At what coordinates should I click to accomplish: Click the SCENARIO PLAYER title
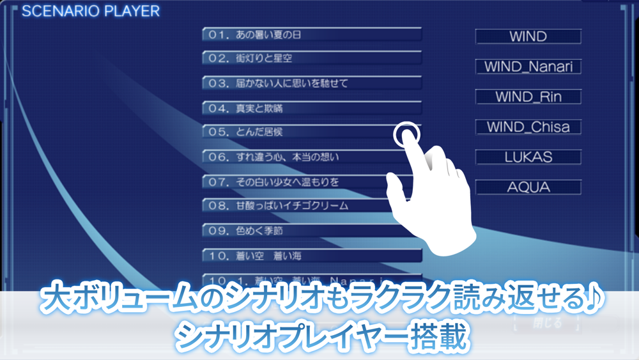[x=91, y=11]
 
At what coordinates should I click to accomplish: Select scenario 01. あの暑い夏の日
[x=311, y=35]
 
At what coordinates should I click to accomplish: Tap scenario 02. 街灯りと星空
[x=311, y=59]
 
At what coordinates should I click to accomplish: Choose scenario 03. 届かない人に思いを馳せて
[x=311, y=83]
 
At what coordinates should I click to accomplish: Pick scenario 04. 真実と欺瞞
[x=311, y=108]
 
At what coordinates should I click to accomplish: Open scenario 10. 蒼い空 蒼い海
[x=311, y=256]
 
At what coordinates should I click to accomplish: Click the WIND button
[x=528, y=36]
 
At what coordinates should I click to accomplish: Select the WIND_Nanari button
[x=528, y=67]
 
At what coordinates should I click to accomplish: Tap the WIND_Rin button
[x=528, y=97]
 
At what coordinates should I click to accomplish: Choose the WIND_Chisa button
[x=528, y=127]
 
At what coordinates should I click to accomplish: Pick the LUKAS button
[x=528, y=157]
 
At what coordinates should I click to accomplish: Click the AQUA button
[x=528, y=187]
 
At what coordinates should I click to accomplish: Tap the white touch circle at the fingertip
[x=407, y=134]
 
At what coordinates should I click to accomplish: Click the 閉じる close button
[x=547, y=324]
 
